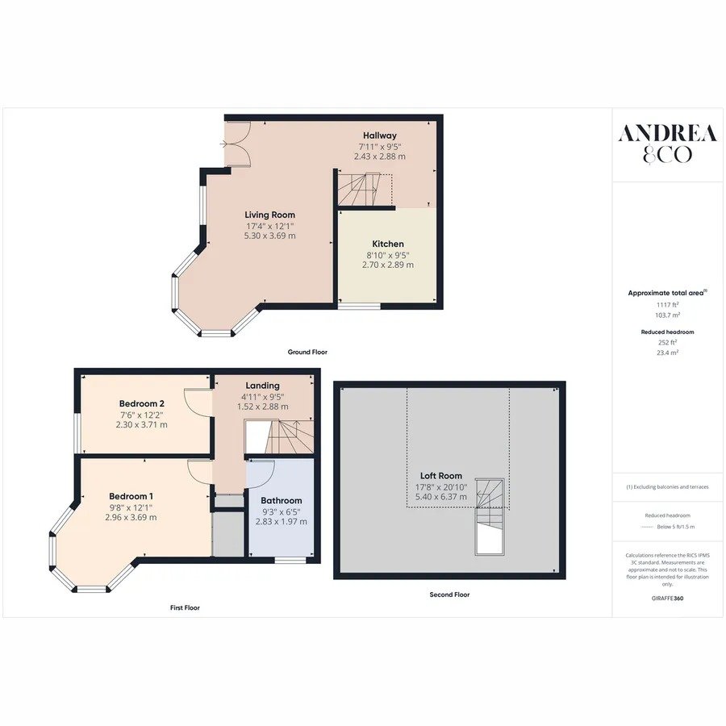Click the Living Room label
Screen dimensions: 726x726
(x=269, y=215)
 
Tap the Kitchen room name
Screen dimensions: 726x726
(x=388, y=244)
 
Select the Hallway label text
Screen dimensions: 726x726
(x=380, y=136)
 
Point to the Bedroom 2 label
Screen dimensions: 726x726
(x=142, y=404)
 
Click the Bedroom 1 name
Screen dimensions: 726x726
(x=131, y=497)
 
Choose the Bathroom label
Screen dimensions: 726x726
(x=281, y=500)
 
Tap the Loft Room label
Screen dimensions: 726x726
(x=440, y=475)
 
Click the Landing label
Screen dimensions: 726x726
(x=262, y=386)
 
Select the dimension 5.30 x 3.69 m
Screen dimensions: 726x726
(x=270, y=236)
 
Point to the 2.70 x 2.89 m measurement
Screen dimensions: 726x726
(x=388, y=265)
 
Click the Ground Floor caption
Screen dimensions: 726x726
(x=307, y=352)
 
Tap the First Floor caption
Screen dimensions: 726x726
(x=185, y=607)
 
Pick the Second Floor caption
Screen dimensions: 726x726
(x=449, y=595)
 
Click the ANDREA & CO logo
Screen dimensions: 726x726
(x=667, y=144)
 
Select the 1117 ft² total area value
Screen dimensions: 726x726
(x=668, y=305)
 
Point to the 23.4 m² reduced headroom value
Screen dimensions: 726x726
(x=668, y=353)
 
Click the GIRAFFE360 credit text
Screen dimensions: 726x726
(x=667, y=599)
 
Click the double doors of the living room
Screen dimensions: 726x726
(x=237, y=144)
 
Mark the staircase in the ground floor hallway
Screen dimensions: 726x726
(x=365, y=190)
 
